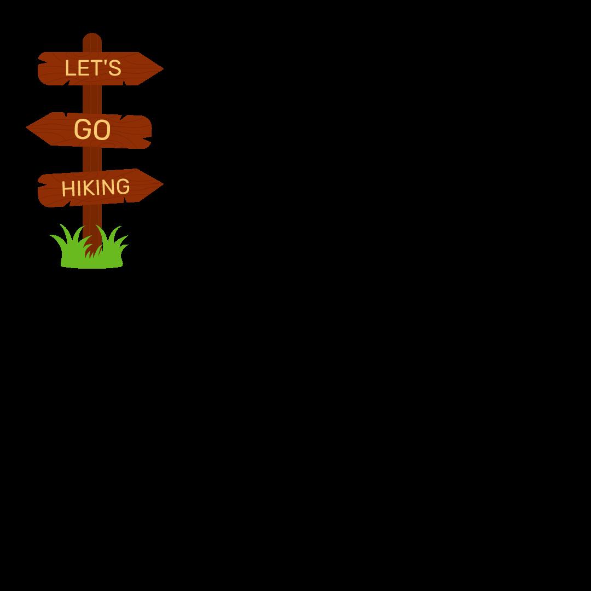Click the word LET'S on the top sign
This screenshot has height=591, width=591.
(x=92, y=68)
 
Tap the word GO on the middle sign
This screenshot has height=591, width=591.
(x=92, y=130)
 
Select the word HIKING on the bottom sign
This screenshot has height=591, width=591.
(x=96, y=188)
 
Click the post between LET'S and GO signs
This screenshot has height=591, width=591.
(x=92, y=100)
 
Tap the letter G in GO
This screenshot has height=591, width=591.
(x=83, y=130)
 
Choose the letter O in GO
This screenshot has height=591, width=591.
(x=101, y=130)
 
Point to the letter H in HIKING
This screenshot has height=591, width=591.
(x=67, y=189)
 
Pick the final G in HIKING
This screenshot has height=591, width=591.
(x=124, y=186)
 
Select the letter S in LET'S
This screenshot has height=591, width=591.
(x=115, y=68)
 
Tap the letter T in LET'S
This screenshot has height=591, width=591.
(x=97, y=68)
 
